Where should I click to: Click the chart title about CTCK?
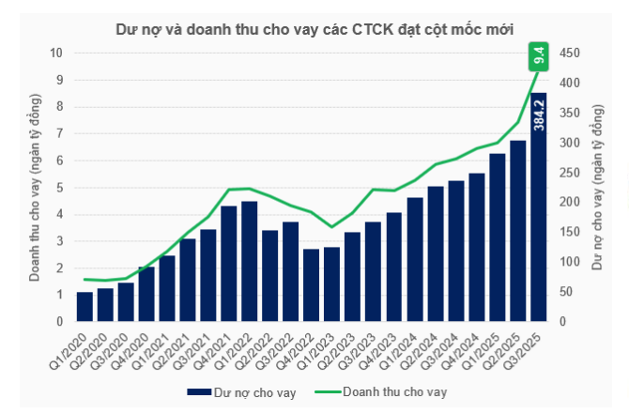click(314, 28)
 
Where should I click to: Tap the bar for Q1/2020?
click(84, 307)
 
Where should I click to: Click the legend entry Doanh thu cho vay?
click(386, 391)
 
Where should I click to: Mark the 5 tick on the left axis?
click(58, 187)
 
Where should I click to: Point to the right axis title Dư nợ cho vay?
click(598, 188)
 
